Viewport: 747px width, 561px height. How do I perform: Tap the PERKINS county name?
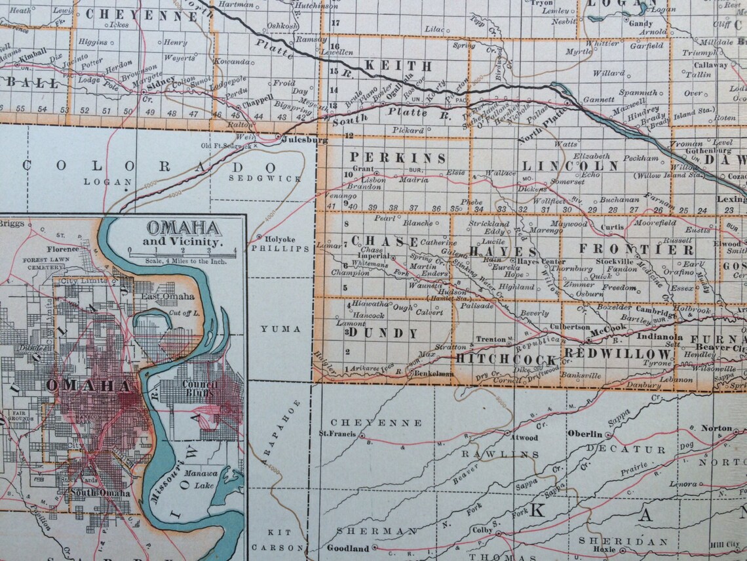coord(397,158)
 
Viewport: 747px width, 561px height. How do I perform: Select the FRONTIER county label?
coord(636,249)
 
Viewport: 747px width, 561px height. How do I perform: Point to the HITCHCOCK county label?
coord(506,359)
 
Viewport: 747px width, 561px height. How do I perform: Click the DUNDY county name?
coord(383,333)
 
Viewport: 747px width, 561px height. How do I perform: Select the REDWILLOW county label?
coord(618,354)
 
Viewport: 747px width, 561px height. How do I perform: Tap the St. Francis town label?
coord(337,434)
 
